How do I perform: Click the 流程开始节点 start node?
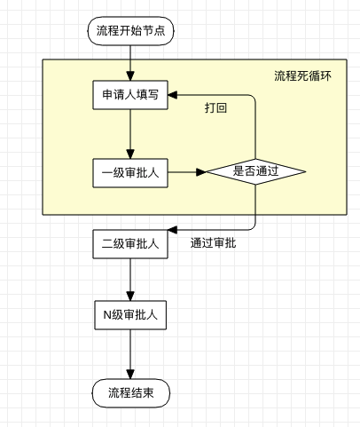130,31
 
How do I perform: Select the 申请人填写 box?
130,95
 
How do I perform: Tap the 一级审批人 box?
130,173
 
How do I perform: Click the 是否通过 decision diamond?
255,171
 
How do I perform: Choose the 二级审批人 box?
130,244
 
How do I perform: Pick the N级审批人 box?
130,315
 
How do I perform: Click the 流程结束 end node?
131,393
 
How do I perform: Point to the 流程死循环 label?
302,76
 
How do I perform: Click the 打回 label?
215,108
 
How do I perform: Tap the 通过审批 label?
213,243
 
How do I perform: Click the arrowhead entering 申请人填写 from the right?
173,95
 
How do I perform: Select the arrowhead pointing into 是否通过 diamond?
201,171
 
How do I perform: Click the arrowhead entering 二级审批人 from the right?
173,230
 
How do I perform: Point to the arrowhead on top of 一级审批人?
130,154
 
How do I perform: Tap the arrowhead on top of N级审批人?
130,296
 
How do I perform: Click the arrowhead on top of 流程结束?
130,375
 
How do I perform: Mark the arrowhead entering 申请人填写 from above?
130,75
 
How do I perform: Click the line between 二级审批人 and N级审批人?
130,280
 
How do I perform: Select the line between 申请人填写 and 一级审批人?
130,134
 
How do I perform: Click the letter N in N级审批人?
107,315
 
